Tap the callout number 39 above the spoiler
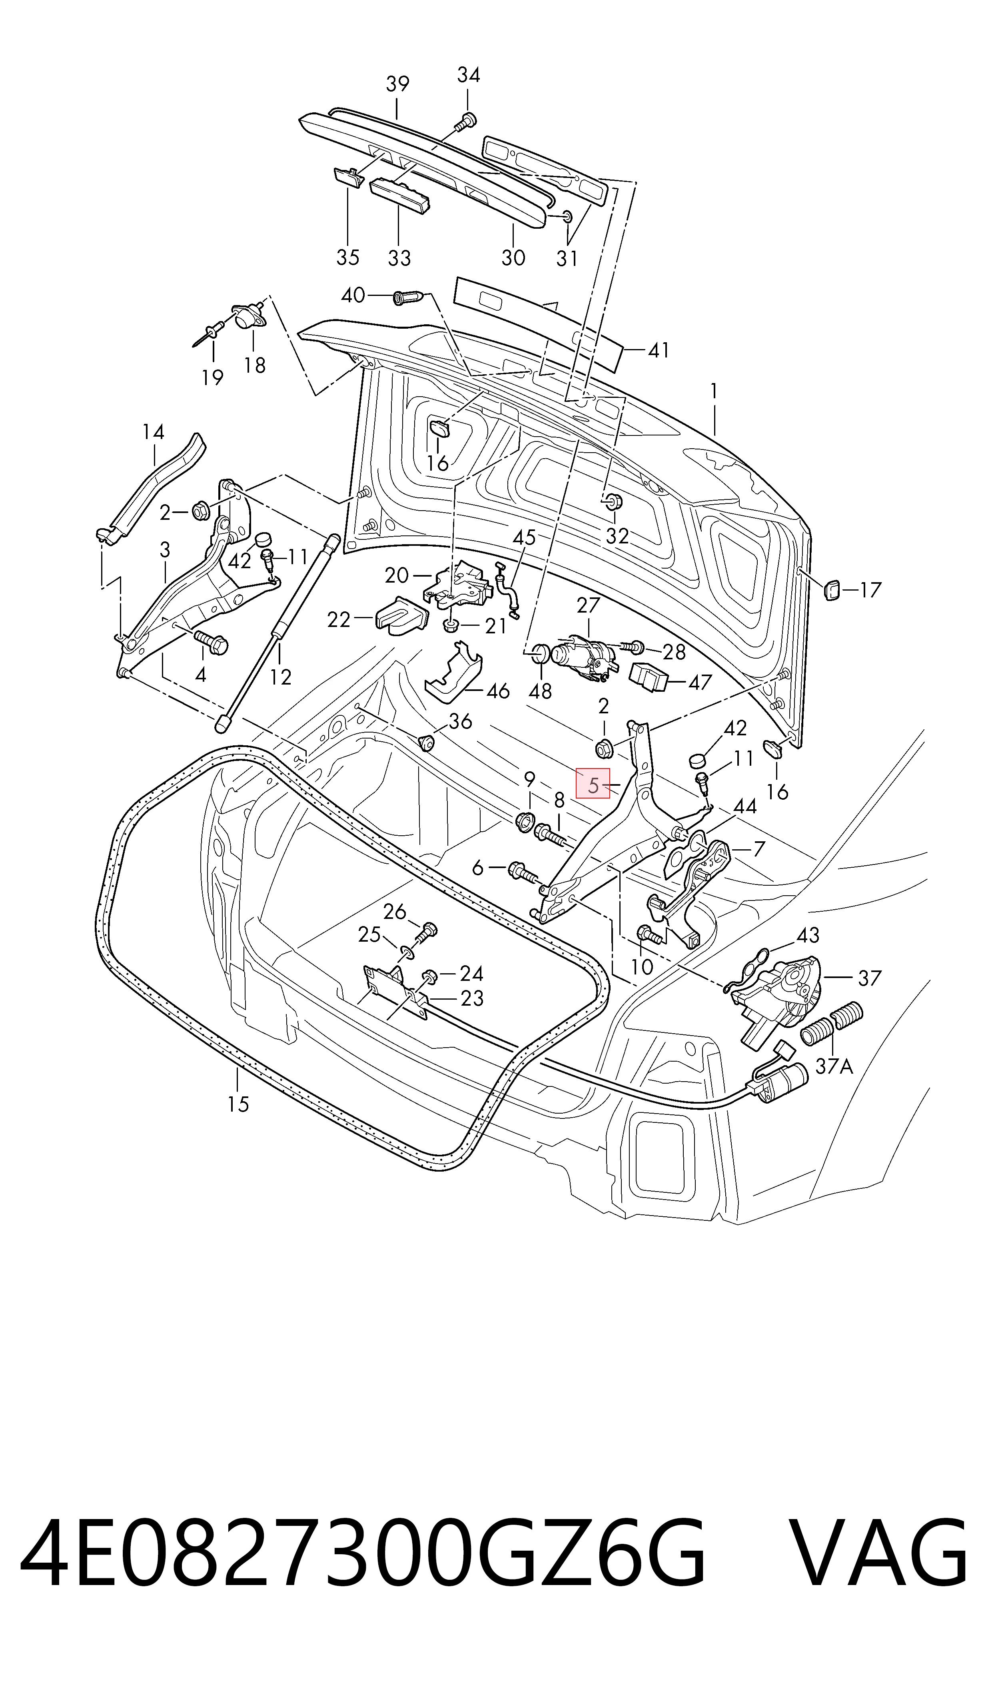tap(398, 84)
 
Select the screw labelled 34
tap(466, 121)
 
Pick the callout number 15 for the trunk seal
tap(238, 1104)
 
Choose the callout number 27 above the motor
tap(588, 605)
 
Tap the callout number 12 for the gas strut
tap(281, 678)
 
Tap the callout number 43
tap(808, 935)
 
